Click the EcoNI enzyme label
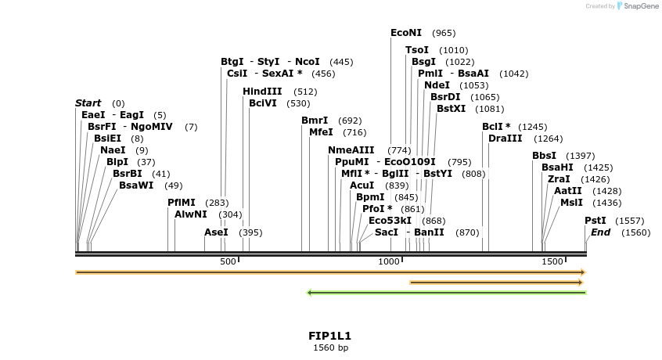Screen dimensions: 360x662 [406, 33]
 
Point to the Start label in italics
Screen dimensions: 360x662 [88, 103]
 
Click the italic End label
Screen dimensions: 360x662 [601, 232]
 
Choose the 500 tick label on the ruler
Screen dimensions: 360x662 [228, 261]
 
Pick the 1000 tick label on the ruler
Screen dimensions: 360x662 [390, 261]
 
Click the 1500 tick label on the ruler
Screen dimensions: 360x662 [552, 261]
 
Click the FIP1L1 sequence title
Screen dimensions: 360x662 [330, 336]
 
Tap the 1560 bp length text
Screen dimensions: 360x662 [330, 347]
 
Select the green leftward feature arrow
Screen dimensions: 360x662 [446, 293]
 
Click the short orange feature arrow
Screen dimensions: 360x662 [497, 282]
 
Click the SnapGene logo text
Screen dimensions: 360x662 [640, 6]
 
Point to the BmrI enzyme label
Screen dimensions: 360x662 [315, 121]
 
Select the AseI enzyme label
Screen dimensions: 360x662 [216, 232]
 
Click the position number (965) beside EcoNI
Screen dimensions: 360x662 [444, 33]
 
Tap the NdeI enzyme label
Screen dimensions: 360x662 [437, 85]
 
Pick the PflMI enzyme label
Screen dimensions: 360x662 [182, 203]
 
